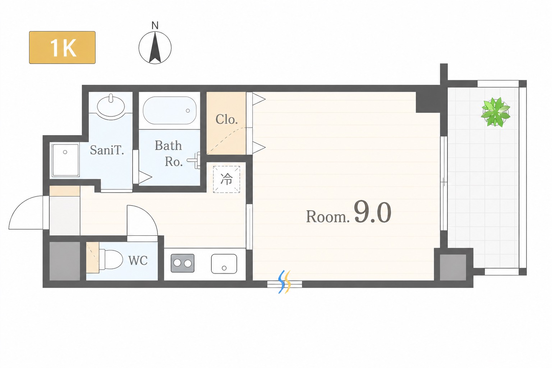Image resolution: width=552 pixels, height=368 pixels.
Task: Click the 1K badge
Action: point(62,47)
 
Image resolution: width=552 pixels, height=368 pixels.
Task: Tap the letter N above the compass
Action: point(155,26)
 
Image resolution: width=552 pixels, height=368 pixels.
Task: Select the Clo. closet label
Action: point(226,120)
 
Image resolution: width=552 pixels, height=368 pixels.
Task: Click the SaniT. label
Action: point(107,150)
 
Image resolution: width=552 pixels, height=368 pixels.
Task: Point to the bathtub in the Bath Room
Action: point(170,110)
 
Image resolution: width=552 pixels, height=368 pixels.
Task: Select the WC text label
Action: point(138,261)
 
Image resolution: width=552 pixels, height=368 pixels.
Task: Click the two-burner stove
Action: point(183,263)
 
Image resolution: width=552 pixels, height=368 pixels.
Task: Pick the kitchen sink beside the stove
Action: point(224,264)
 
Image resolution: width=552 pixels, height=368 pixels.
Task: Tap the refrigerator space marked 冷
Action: point(226,179)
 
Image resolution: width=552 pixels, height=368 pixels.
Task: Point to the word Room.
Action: point(328,217)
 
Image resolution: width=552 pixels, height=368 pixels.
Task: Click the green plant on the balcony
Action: point(496,112)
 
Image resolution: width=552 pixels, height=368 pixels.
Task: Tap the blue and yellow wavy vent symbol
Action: point(285,282)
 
